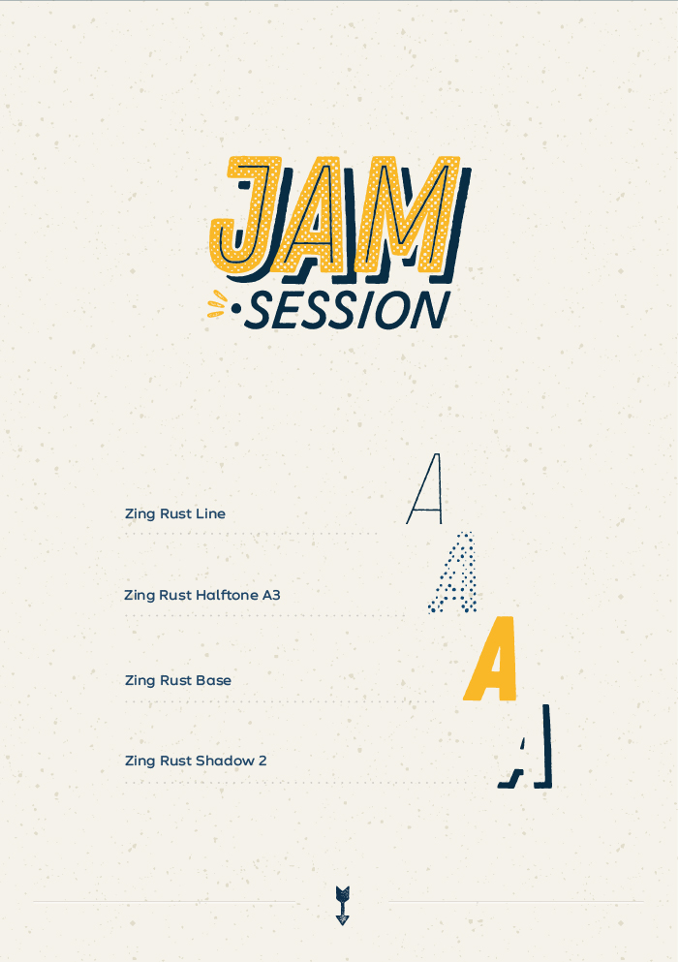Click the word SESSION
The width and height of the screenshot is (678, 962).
coord(348,310)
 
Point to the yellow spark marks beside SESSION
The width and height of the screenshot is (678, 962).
coord(217,304)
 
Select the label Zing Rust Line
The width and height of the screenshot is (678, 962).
coord(175,514)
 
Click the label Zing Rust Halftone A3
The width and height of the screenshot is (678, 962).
coord(202,595)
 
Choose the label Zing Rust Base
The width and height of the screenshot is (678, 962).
coord(178,680)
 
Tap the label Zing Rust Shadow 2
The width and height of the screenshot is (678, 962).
coord(196,760)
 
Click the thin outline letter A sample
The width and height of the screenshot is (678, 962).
coord(424,489)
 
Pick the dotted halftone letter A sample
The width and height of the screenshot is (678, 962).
coord(453,573)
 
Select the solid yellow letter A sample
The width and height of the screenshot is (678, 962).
coord(491,659)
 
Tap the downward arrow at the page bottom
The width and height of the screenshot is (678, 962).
coord(342,905)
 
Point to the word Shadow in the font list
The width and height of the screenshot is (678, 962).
coord(225,760)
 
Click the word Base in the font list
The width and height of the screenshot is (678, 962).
coord(213,680)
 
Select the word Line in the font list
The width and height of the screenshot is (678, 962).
coord(210,514)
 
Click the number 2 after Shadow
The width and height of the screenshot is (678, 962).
coord(262,760)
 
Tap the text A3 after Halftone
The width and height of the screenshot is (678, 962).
coord(272,595)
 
